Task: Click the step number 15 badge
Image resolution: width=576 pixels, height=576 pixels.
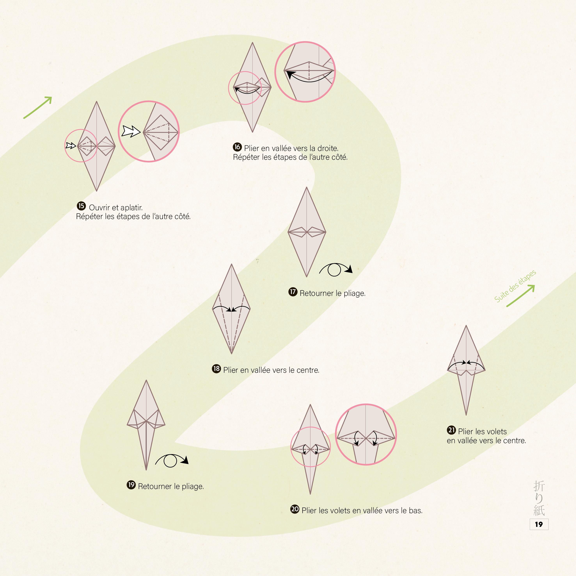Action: [81, 206]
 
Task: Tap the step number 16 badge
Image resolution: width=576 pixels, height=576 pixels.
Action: [237, 147]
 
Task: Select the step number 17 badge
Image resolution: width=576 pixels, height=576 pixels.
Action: [293, 292]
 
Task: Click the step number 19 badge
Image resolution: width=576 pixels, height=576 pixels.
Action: [131, 485]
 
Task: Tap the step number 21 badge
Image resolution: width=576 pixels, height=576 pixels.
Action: [451, 430]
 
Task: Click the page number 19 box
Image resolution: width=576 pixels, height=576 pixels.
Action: [539, 525]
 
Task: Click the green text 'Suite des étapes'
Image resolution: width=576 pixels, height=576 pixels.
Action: [515, 286]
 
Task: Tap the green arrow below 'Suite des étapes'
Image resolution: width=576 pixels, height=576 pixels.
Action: [521, 296]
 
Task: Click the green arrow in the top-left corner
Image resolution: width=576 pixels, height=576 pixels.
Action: [38, 108]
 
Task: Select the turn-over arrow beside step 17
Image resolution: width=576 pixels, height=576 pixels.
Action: [335, 269]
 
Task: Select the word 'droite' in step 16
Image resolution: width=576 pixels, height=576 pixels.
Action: [328, 148]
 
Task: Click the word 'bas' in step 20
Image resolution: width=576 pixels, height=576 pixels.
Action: [415, 511]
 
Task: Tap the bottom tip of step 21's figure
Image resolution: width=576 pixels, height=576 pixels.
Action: [466, 414]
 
